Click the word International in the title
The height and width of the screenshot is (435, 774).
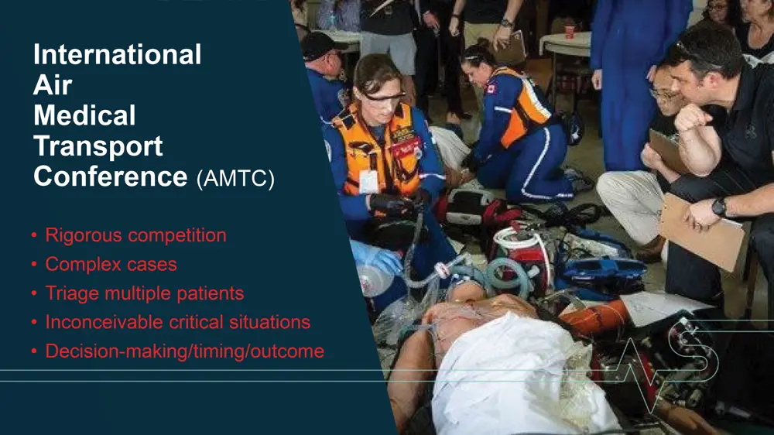(x=118, y=54)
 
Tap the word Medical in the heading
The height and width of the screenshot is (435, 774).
(x=84, y=115)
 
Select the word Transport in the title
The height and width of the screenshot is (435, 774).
(x=98, y=146)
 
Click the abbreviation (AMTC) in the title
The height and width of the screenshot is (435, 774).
(x=235, y=178)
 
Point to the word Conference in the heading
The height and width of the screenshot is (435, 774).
(x=111, y=176)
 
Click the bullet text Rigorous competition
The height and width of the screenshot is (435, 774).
(x=135, y=235)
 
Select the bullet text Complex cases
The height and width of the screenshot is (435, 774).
(x=111, y=264)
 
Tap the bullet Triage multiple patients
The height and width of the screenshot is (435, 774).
(x=145, y=293)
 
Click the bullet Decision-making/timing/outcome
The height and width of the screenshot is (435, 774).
(x=185, y=351)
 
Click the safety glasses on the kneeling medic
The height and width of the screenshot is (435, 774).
(x=383, y=98)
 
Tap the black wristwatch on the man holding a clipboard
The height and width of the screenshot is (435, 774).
(x=719, y=207)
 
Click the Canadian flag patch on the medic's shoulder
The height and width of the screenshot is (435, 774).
(x=491, y=89)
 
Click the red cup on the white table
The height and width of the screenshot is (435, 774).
(x=570, y=31)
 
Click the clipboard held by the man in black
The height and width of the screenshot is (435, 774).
(x=703, y=231)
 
